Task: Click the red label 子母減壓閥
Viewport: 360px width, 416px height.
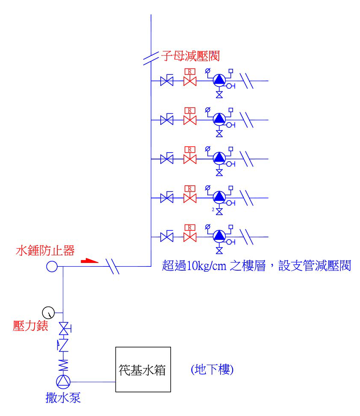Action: pyautogui.click(x=191, y=56)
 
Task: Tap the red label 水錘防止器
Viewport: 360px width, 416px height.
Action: pyautogui.click(x=45, y=251)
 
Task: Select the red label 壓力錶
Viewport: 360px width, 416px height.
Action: pyautogui.click(x=30, y=326)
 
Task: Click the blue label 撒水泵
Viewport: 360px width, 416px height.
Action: pyautogui.click(x=63, y=398)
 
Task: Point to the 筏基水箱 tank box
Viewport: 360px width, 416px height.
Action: pyautogui.click(x=143, y=347)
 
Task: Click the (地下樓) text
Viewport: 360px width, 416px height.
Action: pyautogui.click(x=212, y=369)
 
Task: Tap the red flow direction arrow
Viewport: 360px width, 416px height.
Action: pyautogui.click(x=89, y=261)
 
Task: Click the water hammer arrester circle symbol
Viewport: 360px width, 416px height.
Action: pyautogui.click(x=52, y=266)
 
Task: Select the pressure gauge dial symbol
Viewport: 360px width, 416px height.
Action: pyautogui.click(x=49, y=313)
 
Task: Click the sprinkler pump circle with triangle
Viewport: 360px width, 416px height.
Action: pyautogui.click(x=63, y=382)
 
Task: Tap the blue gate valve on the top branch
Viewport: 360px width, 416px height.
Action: pyautogui.click(x=167, y=80)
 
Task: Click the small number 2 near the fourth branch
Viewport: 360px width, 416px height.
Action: pyautogui.click(x=213, y=209)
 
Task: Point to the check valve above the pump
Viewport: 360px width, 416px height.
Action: pyautogui.click(x=63, y=345)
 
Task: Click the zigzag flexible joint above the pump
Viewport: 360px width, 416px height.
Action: pyautogui.click(x=63, y=365)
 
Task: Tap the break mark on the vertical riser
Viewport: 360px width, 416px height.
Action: pyautogui.click(x=150, y=59)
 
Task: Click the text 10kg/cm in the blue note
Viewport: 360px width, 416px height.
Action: pyautogui.click(x=207, y=266)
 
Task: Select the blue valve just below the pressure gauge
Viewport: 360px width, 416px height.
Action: pyautogui.click(x=64, y=329)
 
